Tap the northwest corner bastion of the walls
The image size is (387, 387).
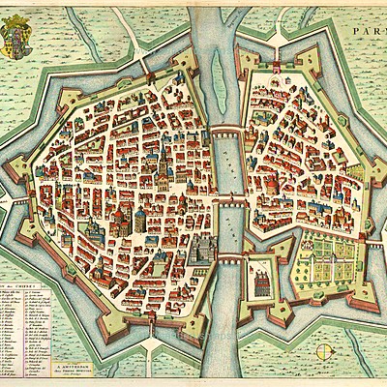73,97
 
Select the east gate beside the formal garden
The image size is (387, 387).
372,244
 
